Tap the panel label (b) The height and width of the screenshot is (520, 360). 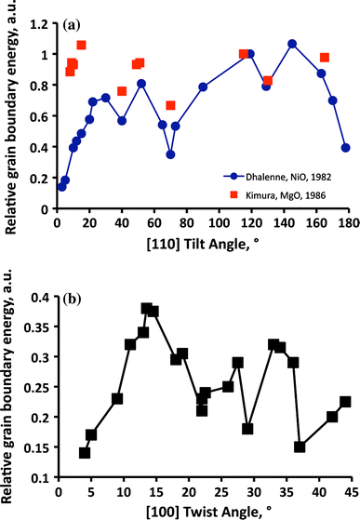[x=72, y=300]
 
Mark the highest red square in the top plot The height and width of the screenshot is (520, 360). [x=81, y=45]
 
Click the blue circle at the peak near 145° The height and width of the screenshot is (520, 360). [x=292, y=44]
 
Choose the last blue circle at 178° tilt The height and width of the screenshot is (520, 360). [x=345, y=147]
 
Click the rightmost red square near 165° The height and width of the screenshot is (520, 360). [x=325, y=58]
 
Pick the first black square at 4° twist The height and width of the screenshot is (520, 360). [x=85, y=453]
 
